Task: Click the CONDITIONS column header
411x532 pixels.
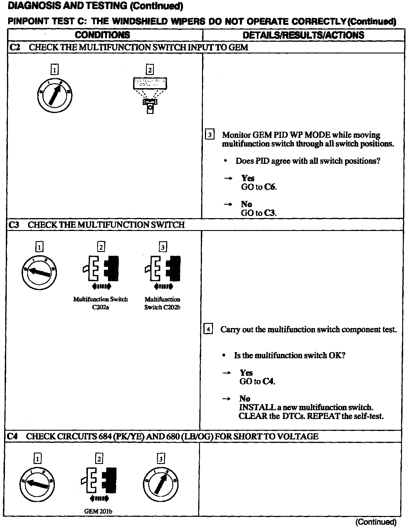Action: coord(102,35)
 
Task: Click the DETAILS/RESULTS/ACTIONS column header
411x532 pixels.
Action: coord(303,35)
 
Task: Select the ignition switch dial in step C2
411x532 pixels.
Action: coord(55,95)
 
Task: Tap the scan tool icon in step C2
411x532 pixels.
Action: coord(150,95)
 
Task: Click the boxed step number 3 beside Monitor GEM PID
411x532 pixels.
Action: coord(210,135)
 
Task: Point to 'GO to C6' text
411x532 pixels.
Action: coord(259,187)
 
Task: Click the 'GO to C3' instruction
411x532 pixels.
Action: coord(259,213)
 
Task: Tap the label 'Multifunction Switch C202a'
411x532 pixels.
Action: coord(100,303)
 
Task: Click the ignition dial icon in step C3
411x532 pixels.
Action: coord(39,272)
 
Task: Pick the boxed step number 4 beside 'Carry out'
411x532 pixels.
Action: coord(208,329)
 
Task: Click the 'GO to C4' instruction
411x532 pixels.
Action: coord(257,381)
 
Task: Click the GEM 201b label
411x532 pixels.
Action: coord(98,511)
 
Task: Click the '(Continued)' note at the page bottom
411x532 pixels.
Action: coord(376,522)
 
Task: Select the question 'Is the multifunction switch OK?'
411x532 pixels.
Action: coord(290,355)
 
